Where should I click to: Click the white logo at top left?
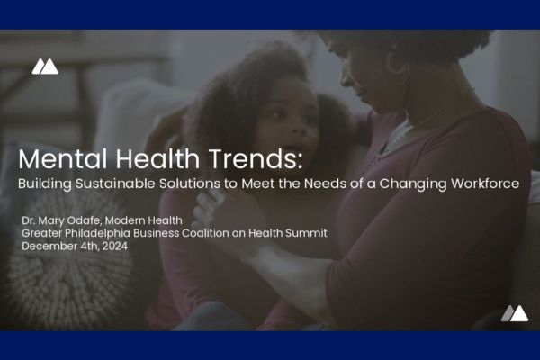(45, 66)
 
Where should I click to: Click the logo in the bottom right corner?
(514, 313)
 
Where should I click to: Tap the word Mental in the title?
(60, 160)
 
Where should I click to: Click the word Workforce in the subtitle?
(487, 184)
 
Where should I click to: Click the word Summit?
(304, 233)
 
